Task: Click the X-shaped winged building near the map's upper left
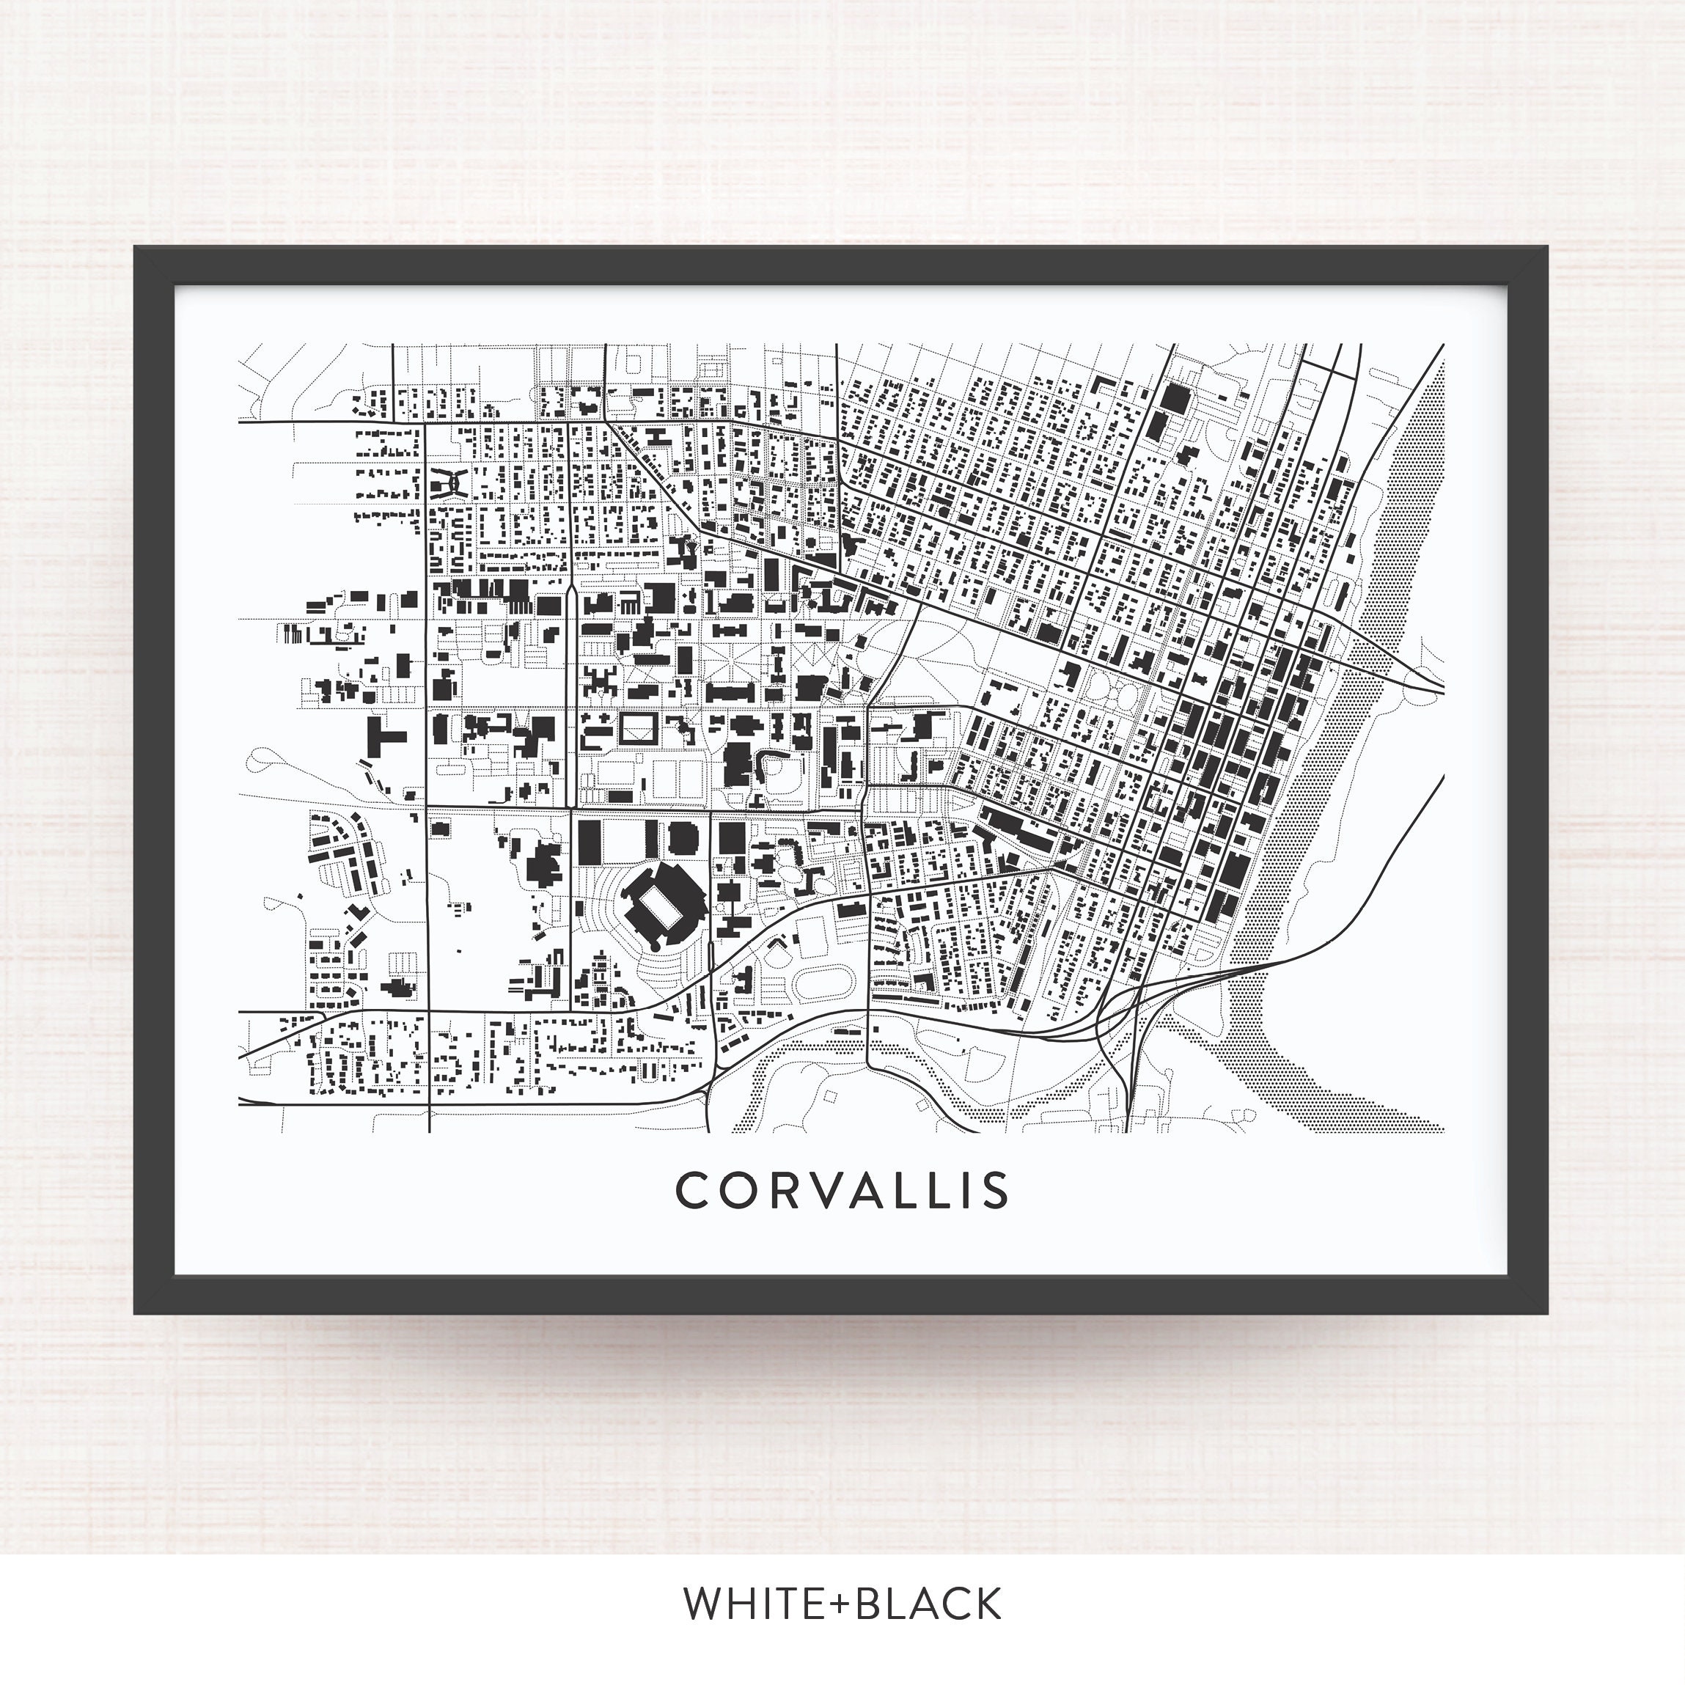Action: click(x=449, y=480)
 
